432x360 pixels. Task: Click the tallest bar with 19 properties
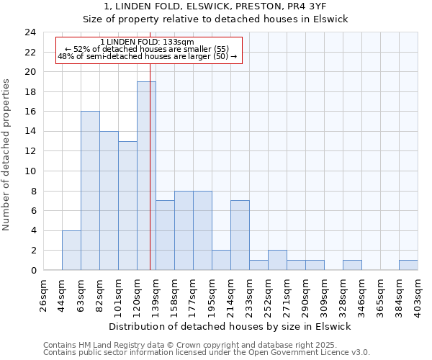[x=146, y=176]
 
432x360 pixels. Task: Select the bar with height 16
[x=90, y=191]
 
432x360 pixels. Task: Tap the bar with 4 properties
[x=71, y=250]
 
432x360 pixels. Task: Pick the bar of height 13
[x=127, y=205]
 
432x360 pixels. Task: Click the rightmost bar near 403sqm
[x=408, y=265]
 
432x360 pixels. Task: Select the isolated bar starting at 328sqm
[x=352, y=265]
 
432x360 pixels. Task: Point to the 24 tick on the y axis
[x=30, y=32]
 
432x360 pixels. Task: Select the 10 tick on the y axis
[x=30, y=171]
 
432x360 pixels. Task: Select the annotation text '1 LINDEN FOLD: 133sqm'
[x=147, y=42]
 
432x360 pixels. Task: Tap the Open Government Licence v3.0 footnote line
[x=206, y=353]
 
